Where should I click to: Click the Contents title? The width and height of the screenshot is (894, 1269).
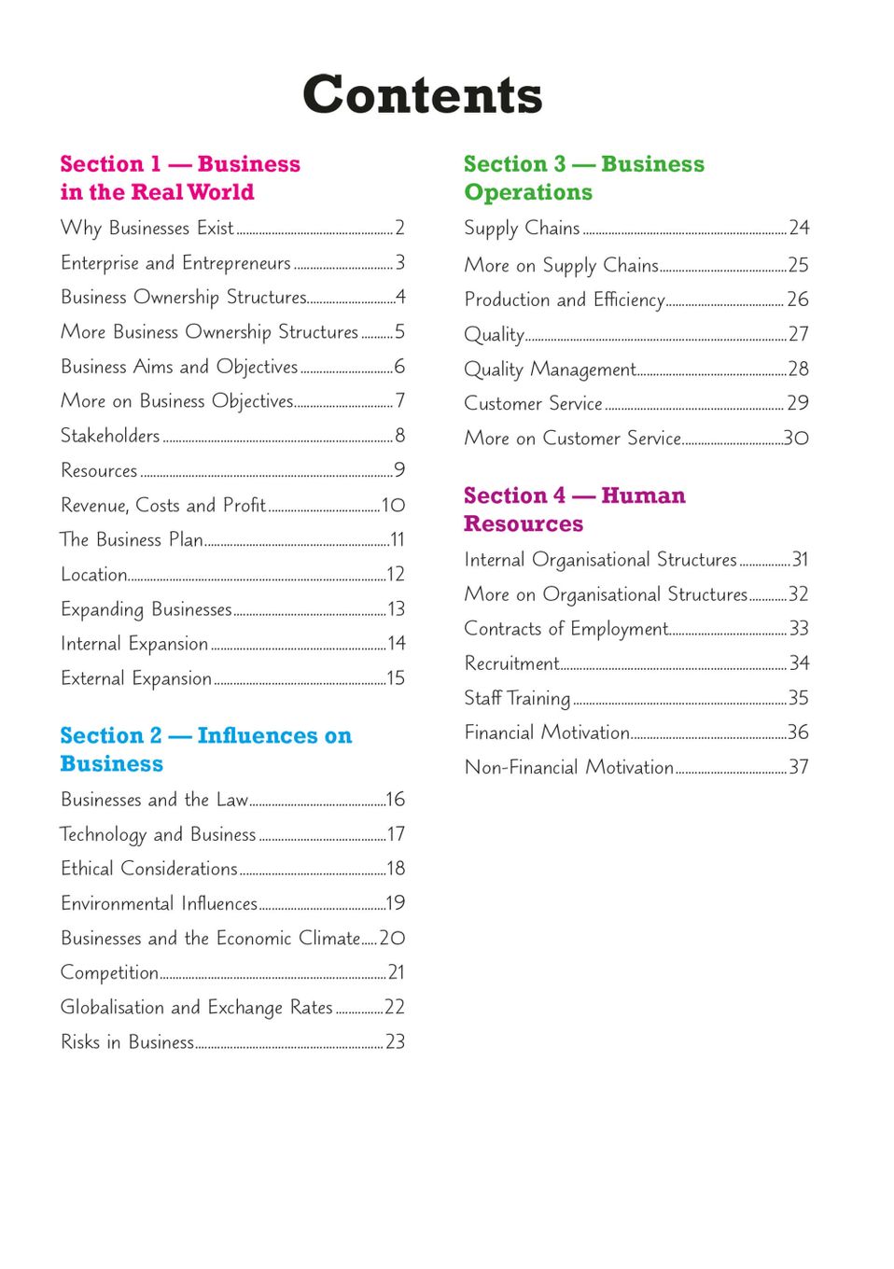click(422, 95)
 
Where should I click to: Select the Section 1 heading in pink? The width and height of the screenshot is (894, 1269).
click(179, 177)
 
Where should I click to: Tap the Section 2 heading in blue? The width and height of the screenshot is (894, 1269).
click(205, 749)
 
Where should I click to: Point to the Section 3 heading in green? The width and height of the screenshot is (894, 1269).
click(583, 177)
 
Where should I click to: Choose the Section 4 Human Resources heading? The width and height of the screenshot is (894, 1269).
click(574, 509)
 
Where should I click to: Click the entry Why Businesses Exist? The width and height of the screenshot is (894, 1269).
click(147, 228)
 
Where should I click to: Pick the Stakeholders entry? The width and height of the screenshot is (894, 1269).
click(110, 436)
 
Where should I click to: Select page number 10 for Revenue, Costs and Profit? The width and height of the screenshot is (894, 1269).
click(393, 505)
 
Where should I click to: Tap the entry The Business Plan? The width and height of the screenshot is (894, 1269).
click(132, 539)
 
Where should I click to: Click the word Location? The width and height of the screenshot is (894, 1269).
click(93, 574)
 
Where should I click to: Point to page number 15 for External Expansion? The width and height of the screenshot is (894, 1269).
click(396, 678)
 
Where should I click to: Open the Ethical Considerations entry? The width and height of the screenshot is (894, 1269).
click(149, 869)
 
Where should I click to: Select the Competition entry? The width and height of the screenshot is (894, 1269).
click(109, 972)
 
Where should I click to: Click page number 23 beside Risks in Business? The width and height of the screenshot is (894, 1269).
click(395, 1041)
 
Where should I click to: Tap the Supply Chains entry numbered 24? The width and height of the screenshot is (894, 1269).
click(522, 228)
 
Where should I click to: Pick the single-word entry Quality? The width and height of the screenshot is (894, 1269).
click(494, 334)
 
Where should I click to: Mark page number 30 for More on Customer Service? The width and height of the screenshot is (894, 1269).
click(796, 438)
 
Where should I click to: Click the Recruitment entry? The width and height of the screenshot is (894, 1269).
click(511, 663)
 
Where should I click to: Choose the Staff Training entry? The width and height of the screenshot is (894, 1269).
click(517, 698)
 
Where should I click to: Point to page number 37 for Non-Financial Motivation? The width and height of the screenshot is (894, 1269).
click(798, 767)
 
